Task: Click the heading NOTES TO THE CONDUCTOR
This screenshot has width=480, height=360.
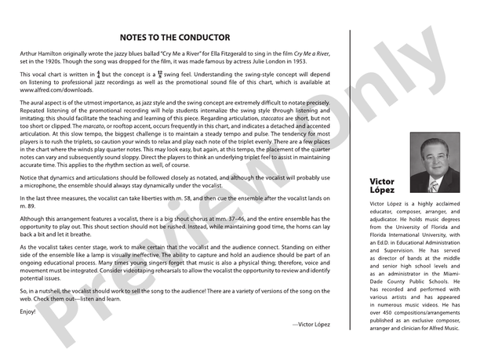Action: [x=175, y=37]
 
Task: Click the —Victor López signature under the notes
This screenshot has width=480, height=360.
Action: [x=313, y=301]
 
